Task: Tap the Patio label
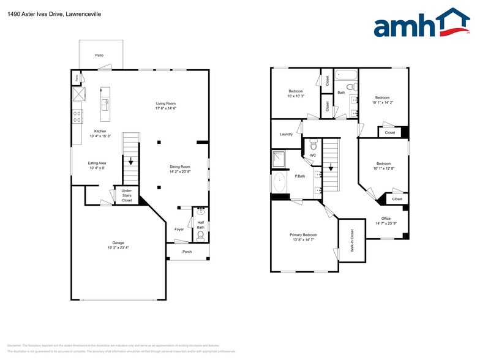click(x=99, y=55)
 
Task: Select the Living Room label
click(x=165, y=103)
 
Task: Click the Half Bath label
click(x=200, y=225)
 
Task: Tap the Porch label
click(x=187, y=251)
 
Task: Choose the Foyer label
click(x=179, y=230)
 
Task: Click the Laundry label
click(x=286, y=134)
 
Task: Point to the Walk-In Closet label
click(x=352, y=241)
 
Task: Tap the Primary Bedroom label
click(x=303, y=234)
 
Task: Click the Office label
click(x=386, y=219)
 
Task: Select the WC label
click(x=312, y=156)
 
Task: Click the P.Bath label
click(x=301, y=176)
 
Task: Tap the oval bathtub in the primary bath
click(x=280, y=182)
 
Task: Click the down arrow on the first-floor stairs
click(x=130, y=162)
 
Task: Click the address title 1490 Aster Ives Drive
click(x=56, y=13)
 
